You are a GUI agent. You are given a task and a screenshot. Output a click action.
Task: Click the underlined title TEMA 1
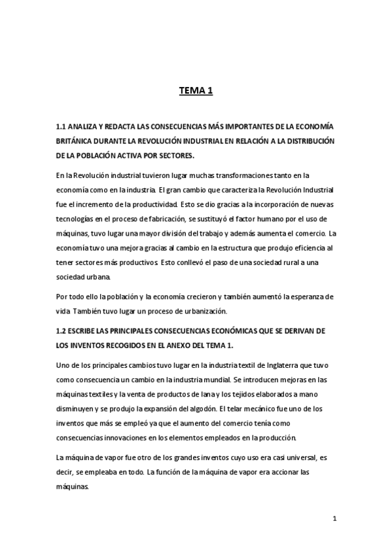196,92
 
